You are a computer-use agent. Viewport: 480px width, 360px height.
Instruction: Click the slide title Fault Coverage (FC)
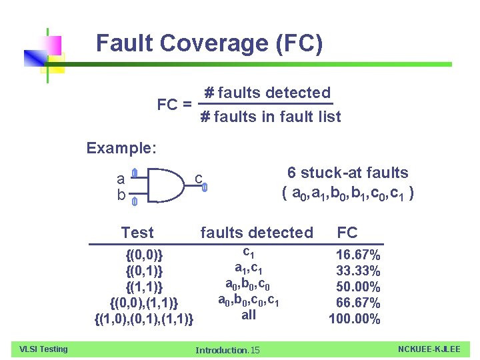point(209,43)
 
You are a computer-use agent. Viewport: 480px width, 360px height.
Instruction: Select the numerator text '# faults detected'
point(267,93)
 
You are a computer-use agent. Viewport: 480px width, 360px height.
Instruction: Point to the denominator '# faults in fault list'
point(271,117)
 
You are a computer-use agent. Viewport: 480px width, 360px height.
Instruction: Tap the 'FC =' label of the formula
point(175,105)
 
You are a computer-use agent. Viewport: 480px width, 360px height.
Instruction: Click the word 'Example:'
point(121,148)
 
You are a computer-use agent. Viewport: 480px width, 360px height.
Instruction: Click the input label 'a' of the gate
point(121,178)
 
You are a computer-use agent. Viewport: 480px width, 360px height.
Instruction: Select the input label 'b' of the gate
point(121,195)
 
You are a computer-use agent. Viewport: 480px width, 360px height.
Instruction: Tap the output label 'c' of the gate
point(199,178)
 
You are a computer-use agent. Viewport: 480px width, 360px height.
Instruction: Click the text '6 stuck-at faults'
point(347,173)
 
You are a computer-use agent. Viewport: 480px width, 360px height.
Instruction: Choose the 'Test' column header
point(137,233)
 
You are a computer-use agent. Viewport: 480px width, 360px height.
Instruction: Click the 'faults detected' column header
point(257,233)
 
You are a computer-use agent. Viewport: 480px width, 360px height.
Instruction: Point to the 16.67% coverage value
point(358,255)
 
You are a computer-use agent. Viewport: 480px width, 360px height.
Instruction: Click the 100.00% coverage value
point(355,319)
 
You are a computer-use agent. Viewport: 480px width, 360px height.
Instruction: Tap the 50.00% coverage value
point(358,287)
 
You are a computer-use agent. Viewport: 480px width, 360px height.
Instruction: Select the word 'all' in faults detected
point(248,315)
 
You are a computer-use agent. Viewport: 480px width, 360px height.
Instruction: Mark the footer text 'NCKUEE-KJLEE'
point(429,349)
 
